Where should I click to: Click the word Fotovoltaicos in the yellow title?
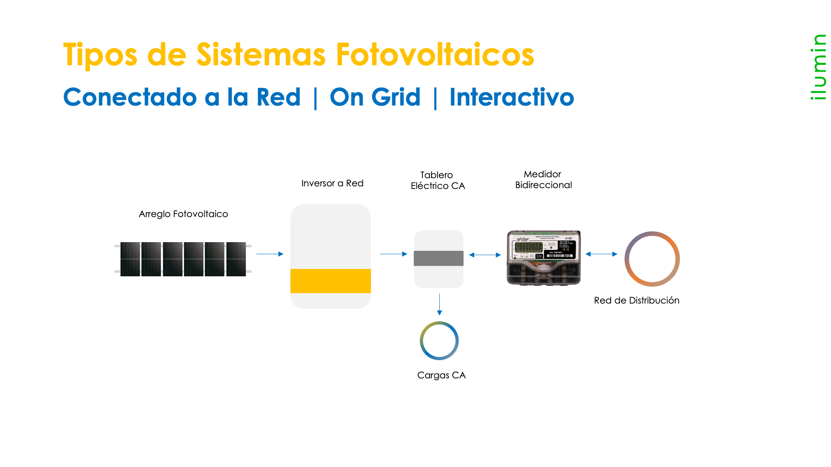pyautogui.click(x=435, y=54)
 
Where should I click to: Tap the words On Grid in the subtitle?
pyautogui.click(x=375, y=97)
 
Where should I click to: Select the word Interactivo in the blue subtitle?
pyautogui.click(x=512, y=97)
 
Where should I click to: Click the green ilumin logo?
pyautogui.click(x=818, y=67)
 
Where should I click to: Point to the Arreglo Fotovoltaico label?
pyautogui.click(x=183, y=214)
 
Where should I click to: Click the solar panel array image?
pyautogui.click(x=183, y=259)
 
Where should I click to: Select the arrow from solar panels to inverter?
pyautogui.click(x=270, y=254)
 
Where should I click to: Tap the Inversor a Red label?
pyautogui.click(x=332, y=183)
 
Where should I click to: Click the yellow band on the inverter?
pyautogui.click(x=331, y=281)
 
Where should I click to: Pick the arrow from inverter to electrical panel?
pyautogui.click(x=393, y=254)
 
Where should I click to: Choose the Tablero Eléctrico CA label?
pyautogui.click(x=438, y=180)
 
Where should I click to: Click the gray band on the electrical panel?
pyautogui.click(x=438, y=258)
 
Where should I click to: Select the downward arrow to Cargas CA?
pyautogui.click(x=439, y=304)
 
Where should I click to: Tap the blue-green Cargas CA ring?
pyautogui.click(x=439, y=322)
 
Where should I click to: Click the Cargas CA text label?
pyautogui.click(x=441, y=375)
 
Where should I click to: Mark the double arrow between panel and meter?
pyautogui.click(x=485, y=255)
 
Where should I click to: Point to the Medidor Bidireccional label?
pyautogui.click(x=543, y=179)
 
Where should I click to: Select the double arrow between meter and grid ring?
pyautogui.click(x=601, y=254)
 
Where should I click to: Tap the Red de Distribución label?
pyautogui.click(x=636, y=301)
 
